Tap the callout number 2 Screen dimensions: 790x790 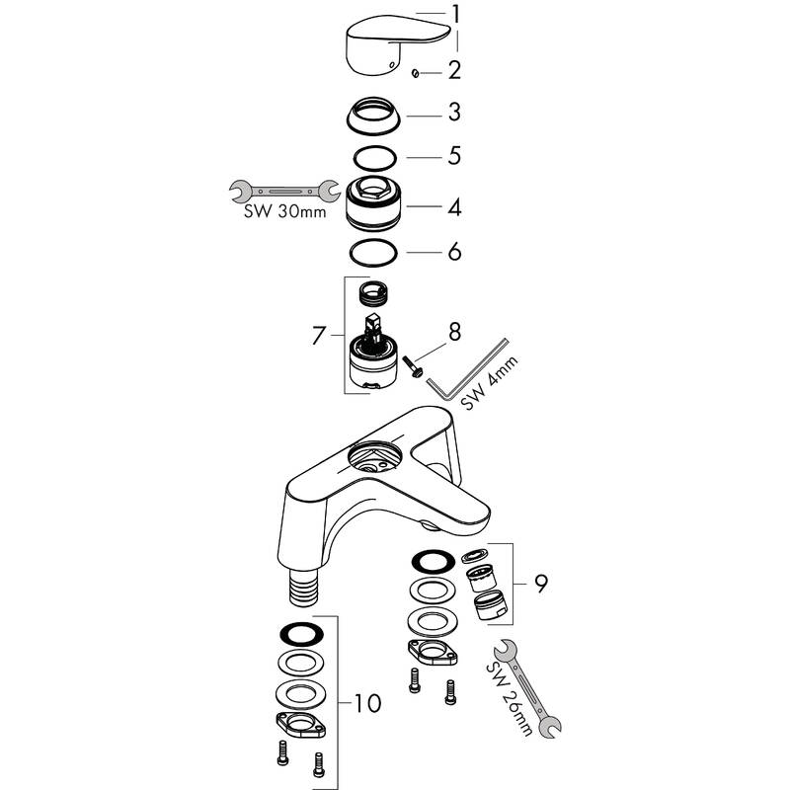[455, 70]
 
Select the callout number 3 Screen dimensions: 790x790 [455, 114]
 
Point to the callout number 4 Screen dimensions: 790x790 [455, 208]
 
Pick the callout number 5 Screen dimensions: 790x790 [455, 156]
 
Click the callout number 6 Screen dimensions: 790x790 [455, 253]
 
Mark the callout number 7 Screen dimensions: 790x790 [318, 336]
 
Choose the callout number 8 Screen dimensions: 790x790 [453, 332]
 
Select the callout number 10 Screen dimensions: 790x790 [365, 704]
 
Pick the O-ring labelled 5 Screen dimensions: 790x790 [376, 157]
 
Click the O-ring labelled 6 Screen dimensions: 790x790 [376, 253]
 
